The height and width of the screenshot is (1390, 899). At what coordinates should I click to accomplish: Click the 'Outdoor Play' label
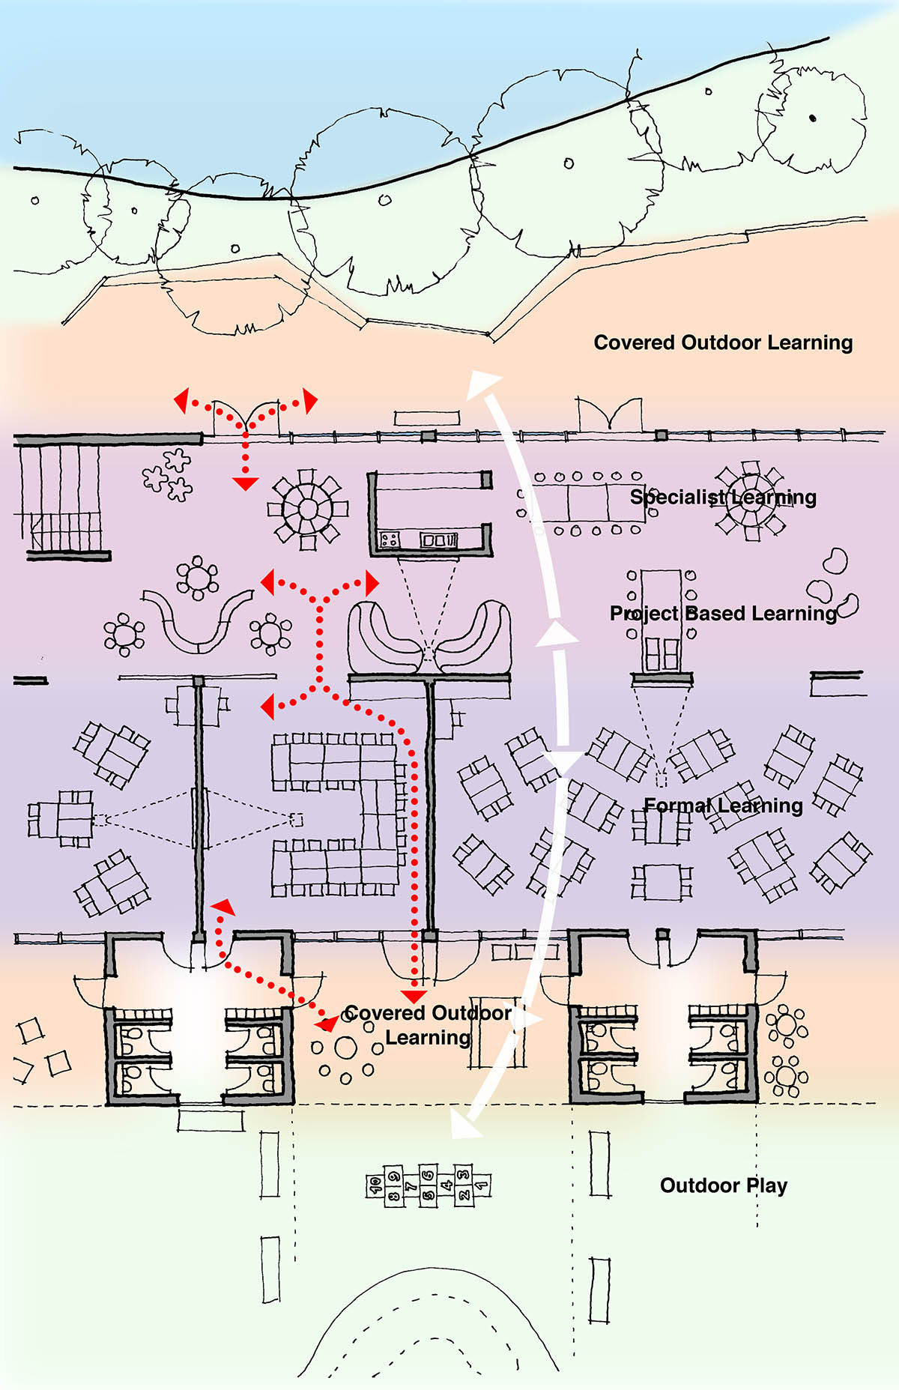(x=723, y=1185)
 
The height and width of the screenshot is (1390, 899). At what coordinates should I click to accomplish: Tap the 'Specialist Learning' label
(x=723, y=497)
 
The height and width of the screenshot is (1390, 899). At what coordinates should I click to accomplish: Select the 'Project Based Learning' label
(x=723, y=613)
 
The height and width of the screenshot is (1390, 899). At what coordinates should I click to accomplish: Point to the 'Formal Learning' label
(x=723, y=806)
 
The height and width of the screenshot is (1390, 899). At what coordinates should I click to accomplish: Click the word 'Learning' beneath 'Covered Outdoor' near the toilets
(x=428, y=1038)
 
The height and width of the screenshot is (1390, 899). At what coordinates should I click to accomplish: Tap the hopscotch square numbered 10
(x=375, y=1185)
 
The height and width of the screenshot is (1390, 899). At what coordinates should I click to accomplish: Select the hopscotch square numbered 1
(x=482, y=1185)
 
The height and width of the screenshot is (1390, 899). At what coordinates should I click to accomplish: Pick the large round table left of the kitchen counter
(x=308, y=509)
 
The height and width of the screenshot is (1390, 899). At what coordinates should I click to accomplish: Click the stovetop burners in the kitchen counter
(x=390, y=539)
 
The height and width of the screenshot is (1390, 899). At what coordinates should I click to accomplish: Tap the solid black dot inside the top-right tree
(x=813, y=118)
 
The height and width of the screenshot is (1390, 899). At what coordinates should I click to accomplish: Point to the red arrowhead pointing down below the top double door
(x=245, y=483)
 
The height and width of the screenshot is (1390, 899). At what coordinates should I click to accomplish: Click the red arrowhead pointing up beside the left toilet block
(x=223, y=908)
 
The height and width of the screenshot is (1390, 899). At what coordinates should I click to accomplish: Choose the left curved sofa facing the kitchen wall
(x=386, y=637)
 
